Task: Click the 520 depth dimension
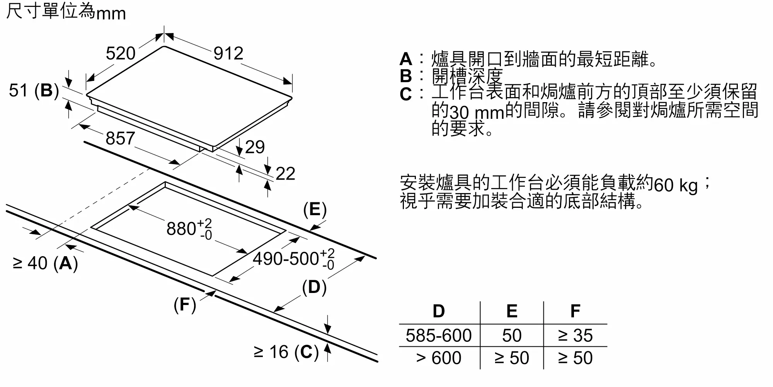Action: click(121, 53)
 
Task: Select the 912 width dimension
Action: click(228, 53)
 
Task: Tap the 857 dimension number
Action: click(120, 139)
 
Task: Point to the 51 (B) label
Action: click(34, 91)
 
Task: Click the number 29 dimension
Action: click(255, 147)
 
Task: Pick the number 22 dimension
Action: click(285, 174)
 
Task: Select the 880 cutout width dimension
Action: click(189, 228)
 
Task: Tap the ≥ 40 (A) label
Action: click(45, 264)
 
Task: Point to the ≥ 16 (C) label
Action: click(286, 352)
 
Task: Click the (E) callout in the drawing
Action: click(315, 209)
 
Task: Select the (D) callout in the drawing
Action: click(314, 288)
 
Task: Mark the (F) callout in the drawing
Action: click(185, 305)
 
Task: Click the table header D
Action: click(439, 311)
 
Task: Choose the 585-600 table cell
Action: click(439, 336)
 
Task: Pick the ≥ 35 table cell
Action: click(575, 336)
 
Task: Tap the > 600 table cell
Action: click(439, 358)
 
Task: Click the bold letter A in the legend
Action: click(406, 59)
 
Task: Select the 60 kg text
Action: click(676, 185)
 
